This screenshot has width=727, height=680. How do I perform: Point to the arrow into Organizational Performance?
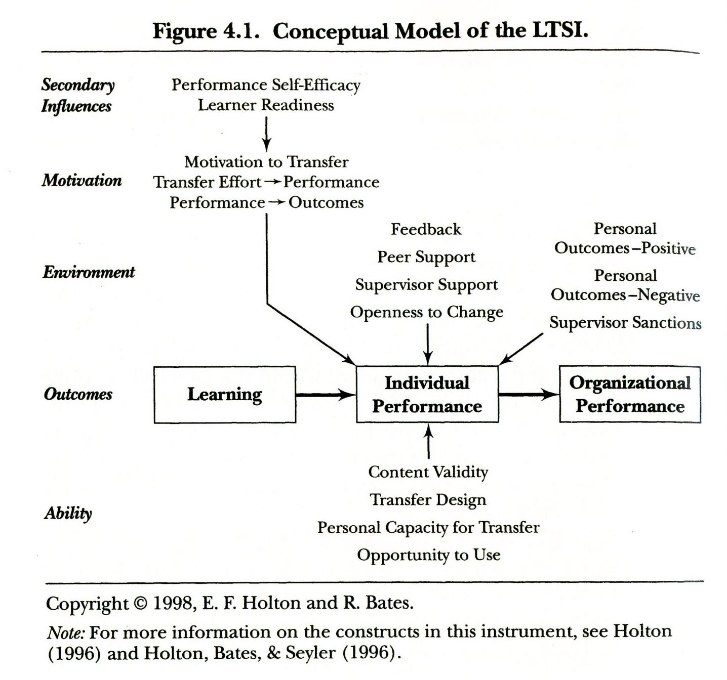click(x=529, y=394)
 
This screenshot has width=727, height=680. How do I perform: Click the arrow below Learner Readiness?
click(x=266, y=134)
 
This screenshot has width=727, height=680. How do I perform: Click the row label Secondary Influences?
click(x=77, y=95)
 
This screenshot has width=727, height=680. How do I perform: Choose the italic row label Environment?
click(x=89, y=272)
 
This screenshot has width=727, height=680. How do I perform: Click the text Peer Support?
click(x=426, y=258)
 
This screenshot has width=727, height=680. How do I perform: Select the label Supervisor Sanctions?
click(x=625, y=322)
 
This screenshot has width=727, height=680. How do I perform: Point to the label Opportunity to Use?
click(x=429, y=555)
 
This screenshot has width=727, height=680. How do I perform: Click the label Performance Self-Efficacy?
click(x=266, y=85)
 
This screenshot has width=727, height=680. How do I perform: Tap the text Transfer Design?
click(x=428, y=500)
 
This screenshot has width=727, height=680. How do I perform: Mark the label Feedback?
click(x=426, y=230)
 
